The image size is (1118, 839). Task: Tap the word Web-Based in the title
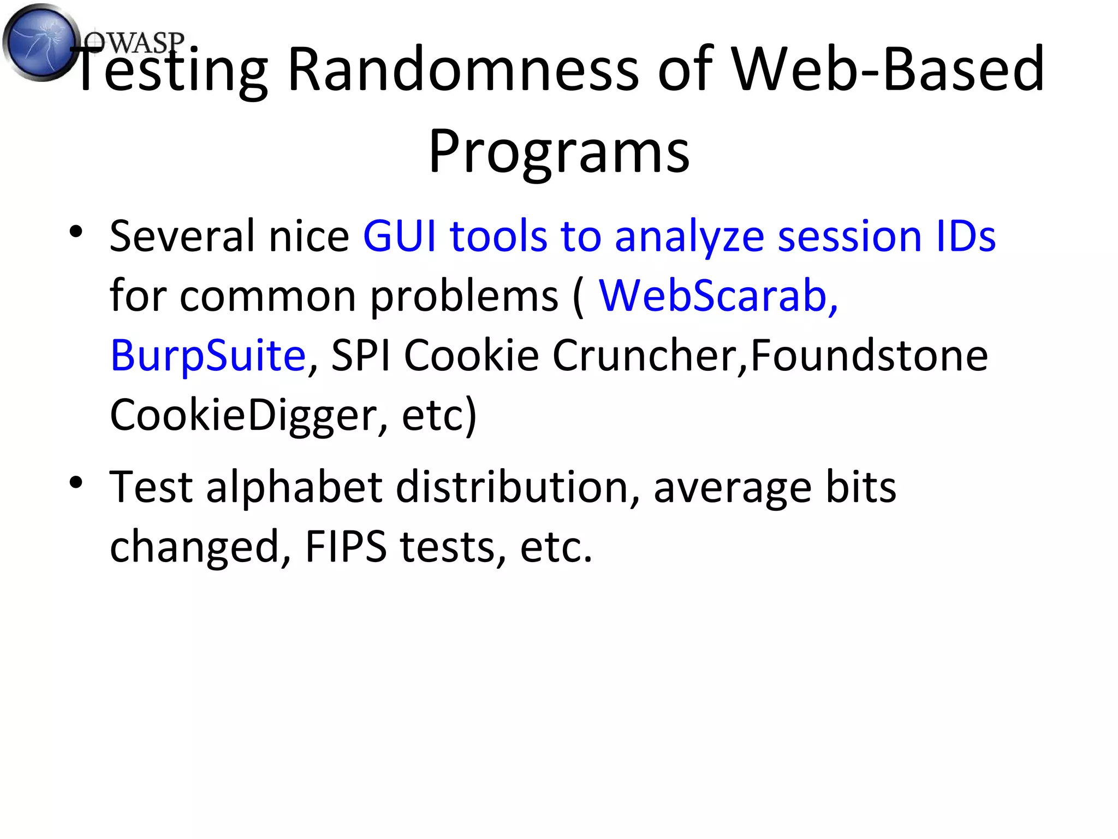pos(888,69)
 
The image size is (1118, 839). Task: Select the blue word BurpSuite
pos(208,356)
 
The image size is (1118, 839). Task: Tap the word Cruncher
pos(650,356)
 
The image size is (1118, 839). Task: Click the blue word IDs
pos(966,236)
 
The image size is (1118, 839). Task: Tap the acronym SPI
pos(361,356)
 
